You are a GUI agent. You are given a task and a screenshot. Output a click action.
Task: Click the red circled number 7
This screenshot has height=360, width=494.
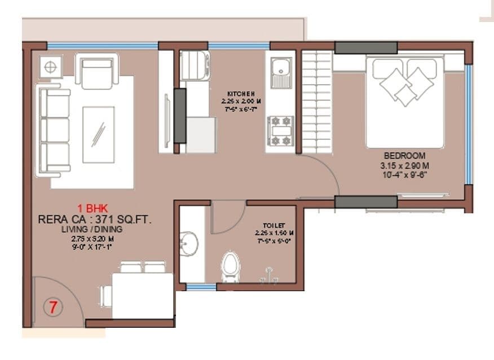pyautogui.click(x=53, y=308)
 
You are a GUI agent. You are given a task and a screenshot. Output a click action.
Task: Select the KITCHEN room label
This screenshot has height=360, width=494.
pyautogui.click(x=241, y=94)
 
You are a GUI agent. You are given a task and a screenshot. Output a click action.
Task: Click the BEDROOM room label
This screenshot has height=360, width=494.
pyautogui.click(x=404, y=156)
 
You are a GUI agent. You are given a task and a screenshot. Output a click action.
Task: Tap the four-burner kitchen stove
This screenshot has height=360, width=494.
pyautogui.click(x=280, y=130)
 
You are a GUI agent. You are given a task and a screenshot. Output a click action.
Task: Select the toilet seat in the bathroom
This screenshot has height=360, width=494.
pyautogui.click(x=229, y=265)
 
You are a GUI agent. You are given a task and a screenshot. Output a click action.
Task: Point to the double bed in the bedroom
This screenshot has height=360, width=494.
pyautogui.click(x=405, y=102)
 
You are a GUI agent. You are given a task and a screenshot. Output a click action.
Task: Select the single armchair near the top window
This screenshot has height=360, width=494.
pyautogui.click(x=97, y=71)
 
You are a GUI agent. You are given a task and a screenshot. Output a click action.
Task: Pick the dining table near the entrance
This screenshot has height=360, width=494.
pyautogui.click(x=142, y=295)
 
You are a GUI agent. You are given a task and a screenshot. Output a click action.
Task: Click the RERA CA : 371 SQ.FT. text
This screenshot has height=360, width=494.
pyautogui.click(x=95, y=219)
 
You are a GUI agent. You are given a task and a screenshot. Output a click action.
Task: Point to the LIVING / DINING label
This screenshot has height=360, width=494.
pyautogui.click(x=92, y=229)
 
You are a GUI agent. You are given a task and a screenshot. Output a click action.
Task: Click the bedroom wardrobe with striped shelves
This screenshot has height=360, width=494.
pyautogui.click(x=317, y=102)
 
